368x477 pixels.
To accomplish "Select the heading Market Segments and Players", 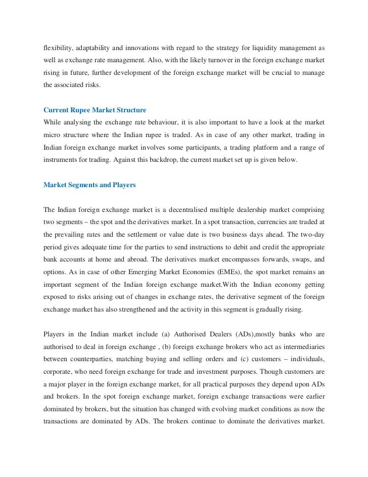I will coord(89,185).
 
